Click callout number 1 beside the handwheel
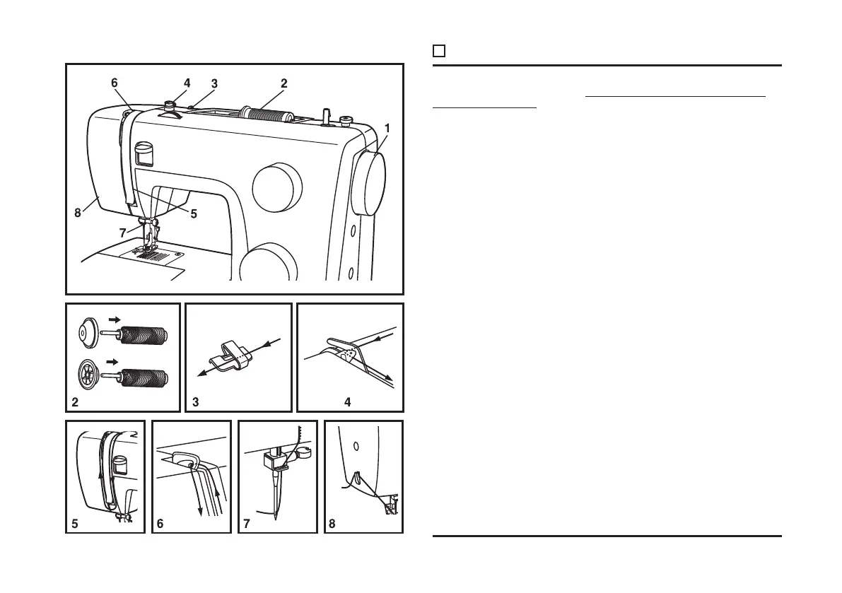pyautogui.click(x=387, y=129)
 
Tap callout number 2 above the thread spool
pyautogui.click(x=283, y=83)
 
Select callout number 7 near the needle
pyautogui.click(x=124, y=231)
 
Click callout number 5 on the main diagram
pyautogui.click(x=193, y=214)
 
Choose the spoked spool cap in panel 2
pyautogui.click(x=88, y=372)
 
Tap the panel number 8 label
pyautogui.click(x=332, y=525)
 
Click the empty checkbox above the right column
pyautogui.click(x=438, y=51)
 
